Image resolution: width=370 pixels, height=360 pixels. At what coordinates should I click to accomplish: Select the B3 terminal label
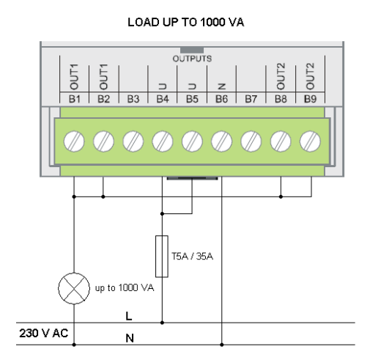(x=133, y=96)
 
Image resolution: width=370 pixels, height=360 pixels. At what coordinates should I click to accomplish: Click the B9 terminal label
(x=311, y=96)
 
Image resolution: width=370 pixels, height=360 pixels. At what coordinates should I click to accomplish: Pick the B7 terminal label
(x=251, y=96)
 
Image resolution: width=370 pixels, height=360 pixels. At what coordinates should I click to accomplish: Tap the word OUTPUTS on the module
(x=192, y=56)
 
